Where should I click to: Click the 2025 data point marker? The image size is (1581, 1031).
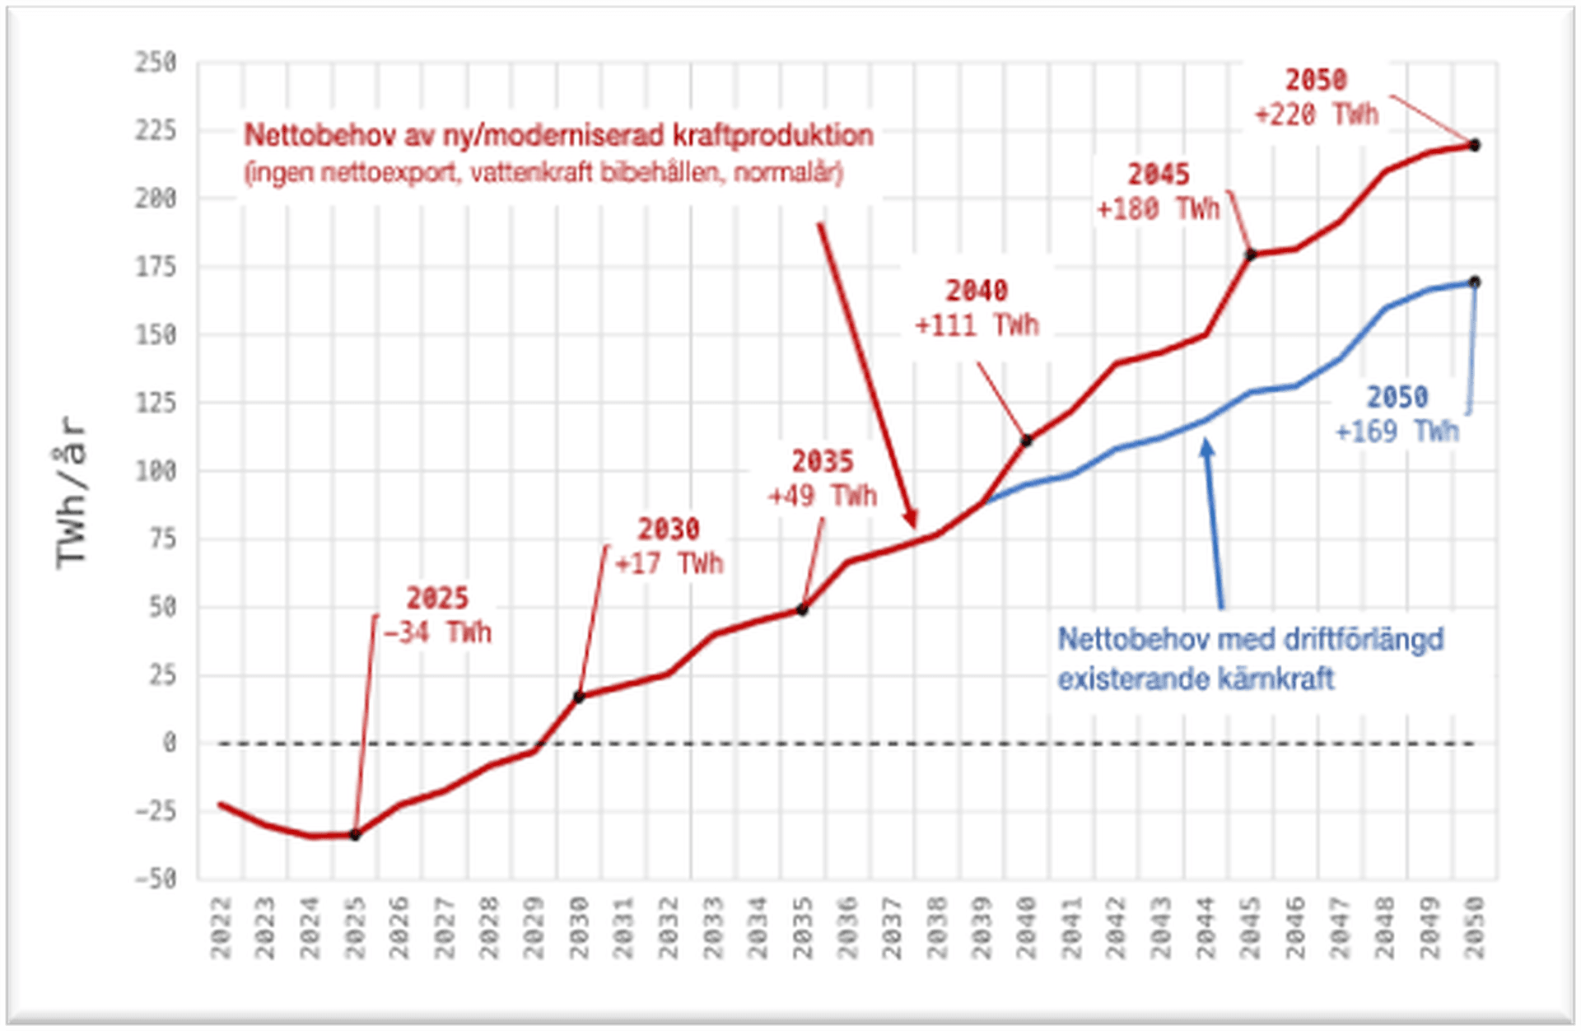pyautogui.click(x=355, y=835)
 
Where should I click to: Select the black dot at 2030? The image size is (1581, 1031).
pyautogui.click(x=579, y=697)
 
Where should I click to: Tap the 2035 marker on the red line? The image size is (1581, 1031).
pyautogui.click(x=803, y=610)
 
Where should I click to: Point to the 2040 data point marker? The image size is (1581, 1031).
pyautogui.click(x=1027, y=441)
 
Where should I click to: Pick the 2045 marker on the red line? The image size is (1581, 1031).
pyautogui.click(x=1251, y=255)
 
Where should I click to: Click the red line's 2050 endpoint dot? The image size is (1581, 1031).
pyautogui.click(x=1475, y=146)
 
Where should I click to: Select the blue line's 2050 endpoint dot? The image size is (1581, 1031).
pyautogui.click(x=1475, y=282)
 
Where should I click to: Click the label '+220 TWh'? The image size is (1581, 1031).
pyautogui.click(x=1316, y=114)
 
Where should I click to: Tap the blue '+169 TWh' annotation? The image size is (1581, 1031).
pyautogui.click(x=1397, y=432)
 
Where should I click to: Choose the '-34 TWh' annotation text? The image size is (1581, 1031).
pyautogui.click(x=437, y=632)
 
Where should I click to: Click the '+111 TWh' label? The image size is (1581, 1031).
pyautogui.click(x=977, y=325)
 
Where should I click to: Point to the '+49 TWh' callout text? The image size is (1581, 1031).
pyautogui.click(x=822, y=496)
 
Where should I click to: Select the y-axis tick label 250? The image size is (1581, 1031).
pyautogui.click(x=156, y=62)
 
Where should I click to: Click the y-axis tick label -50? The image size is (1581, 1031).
pyautogui.click(x=156, y=879)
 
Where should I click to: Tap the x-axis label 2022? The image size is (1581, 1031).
pyautogui.click(x=221, y=928)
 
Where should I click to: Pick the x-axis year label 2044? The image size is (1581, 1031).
pyautogui.click(x=1206, y=928)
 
